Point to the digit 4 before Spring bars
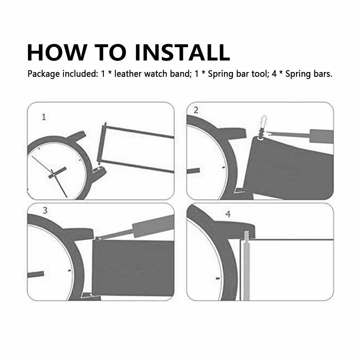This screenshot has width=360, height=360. point(274,74)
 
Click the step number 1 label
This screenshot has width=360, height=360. point(44,117)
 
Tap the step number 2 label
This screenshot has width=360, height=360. point(196,110)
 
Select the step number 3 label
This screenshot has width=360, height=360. point(45,210)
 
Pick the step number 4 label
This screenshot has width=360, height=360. point(228,214)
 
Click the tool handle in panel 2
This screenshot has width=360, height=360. point(321,136)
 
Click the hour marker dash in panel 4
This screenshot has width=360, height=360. point(218,279)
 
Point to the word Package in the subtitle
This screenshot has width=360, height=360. point(44,74)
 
